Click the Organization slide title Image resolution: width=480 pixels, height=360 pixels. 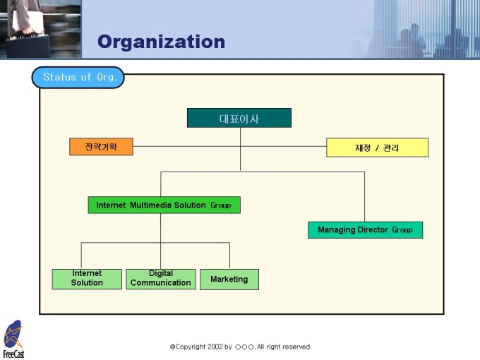click(x=161, y=42)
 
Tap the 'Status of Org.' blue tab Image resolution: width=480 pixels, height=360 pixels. click(x=78, y=77)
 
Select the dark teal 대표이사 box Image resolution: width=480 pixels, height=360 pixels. click(x=239, y=118)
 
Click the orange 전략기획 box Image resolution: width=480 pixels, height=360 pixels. click(x=101, y=147)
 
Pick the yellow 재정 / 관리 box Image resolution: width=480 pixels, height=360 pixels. click(x=377, y=148)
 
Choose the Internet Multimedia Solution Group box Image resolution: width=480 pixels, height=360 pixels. click(x=164, y=205)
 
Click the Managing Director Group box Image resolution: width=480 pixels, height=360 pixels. click(x=365, y=230)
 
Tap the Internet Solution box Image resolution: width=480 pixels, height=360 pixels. click(x=87, y=279)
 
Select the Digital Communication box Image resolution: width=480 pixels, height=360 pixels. click(x=161, y=279)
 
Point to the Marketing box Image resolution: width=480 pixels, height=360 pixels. click(x=229, y=280)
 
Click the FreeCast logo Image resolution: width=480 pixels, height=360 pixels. click(x=13, y=340)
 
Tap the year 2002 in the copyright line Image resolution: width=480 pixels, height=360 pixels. click(x=214, y=347)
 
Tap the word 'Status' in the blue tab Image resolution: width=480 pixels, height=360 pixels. click(x=59, y=77)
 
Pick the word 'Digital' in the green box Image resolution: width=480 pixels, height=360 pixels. click(x=161, y=274)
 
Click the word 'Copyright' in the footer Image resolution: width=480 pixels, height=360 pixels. click(x=190, y=347)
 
